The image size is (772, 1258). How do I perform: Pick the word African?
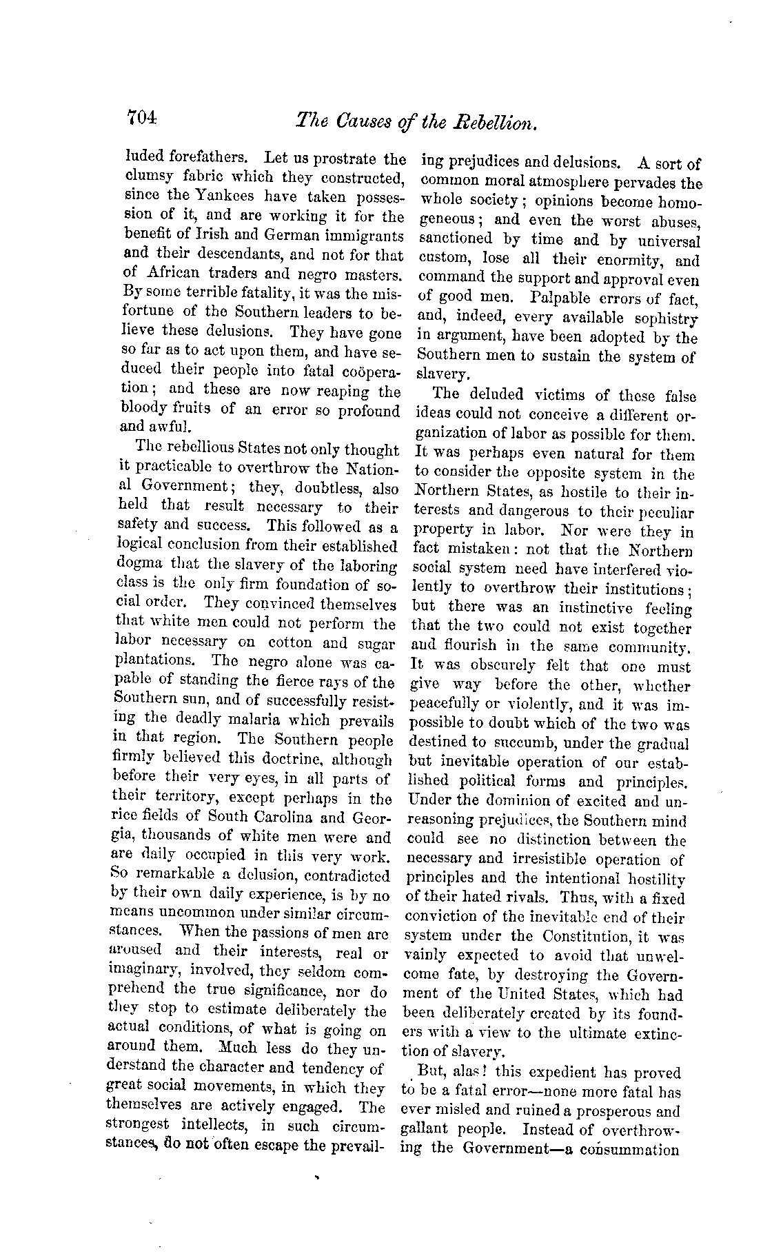pyautogui.click(x=172, y=272)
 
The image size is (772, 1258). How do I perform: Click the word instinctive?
pyautogui.click(x=591, y=608)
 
